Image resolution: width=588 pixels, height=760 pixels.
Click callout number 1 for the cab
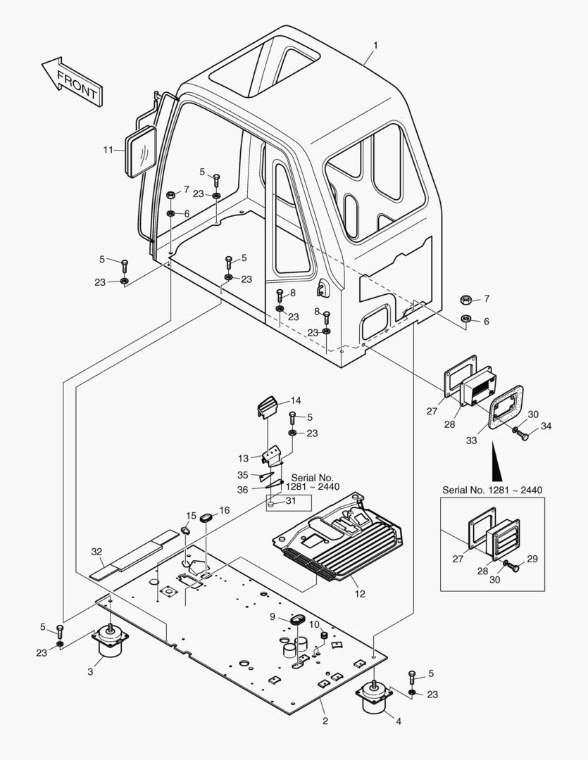click(375, 45)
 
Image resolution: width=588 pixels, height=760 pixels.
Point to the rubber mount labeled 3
click(111, 642)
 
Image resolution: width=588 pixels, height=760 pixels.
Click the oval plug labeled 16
click(207, 517)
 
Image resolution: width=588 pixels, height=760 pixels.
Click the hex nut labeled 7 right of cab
click(466, 300)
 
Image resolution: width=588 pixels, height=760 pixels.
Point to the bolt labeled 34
click(523, 435)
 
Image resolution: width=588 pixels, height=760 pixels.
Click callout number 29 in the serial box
click(532, 559)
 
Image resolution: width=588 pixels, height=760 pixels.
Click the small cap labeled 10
click(324, 635)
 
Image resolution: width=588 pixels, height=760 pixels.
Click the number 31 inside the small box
click(291, 501)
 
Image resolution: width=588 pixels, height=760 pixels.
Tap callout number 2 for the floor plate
click(325, 721)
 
